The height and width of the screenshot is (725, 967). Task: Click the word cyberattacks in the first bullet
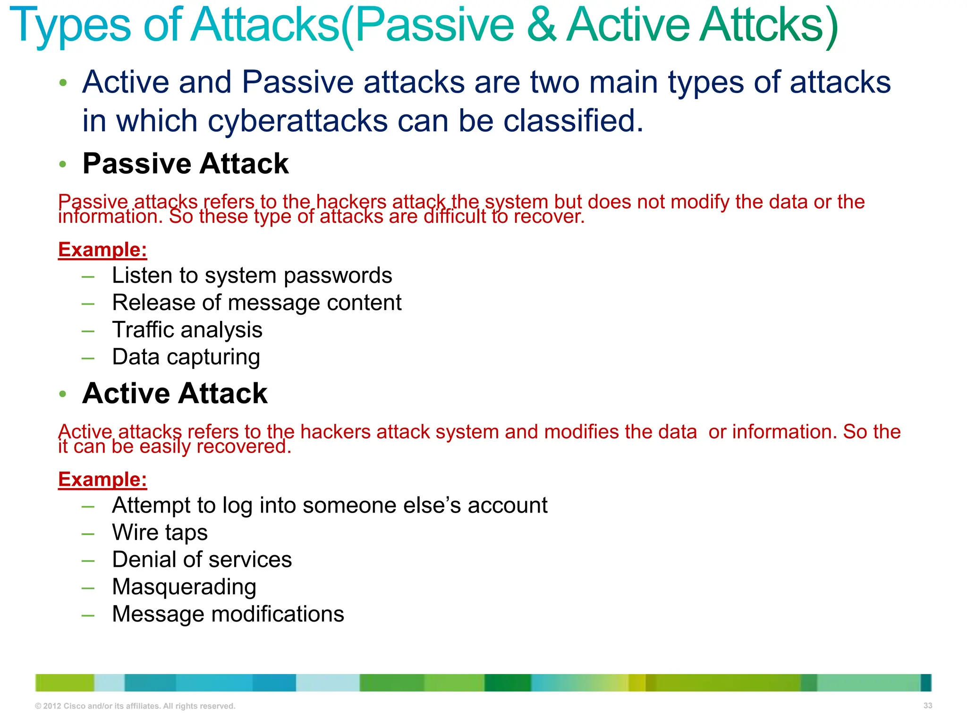point(297,121)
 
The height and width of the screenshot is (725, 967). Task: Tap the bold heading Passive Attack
point(185,164)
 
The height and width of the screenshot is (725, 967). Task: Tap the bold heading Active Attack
point(175,393)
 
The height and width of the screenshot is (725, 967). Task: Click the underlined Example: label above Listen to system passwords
point(102,250)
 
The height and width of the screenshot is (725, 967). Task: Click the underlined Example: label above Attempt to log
point(102,480)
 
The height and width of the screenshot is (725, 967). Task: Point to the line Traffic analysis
point(187,329)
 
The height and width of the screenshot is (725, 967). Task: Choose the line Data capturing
point(186,357)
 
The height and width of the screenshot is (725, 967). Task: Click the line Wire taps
point(160,532)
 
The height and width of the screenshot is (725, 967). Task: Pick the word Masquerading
point(184,587)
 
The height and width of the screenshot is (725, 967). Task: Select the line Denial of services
point(202,560)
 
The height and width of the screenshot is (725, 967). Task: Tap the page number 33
point(927,706)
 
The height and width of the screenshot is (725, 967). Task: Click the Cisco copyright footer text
point(135,706)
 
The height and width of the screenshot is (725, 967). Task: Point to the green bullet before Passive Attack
point(63,164)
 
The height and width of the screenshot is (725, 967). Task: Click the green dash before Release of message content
point(88,303)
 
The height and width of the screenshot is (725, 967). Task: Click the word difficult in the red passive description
point(454,217)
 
